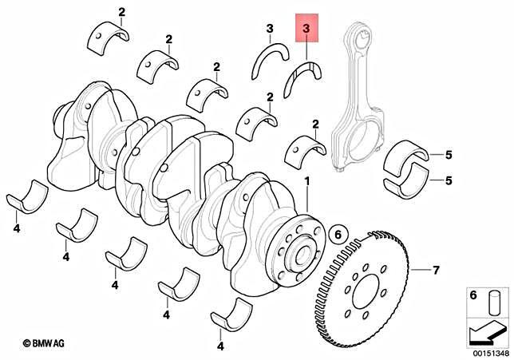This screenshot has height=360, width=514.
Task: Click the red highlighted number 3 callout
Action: coord(308,30)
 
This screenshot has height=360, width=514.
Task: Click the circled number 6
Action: coord(338,234)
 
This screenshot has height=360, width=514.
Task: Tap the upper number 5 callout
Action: coord(449,154)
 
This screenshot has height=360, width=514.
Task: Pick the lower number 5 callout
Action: coord(449,180)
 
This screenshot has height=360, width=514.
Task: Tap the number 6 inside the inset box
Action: coord(472,295)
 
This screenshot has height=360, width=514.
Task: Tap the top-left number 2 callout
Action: coord(121,11)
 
